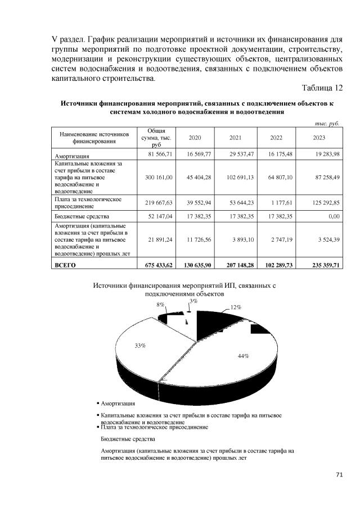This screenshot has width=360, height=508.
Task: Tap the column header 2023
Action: click(319, 138)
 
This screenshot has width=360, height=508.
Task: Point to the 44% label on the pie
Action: click(243, 356)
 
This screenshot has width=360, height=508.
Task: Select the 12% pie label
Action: click(235, 307)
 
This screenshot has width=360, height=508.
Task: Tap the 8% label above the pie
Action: click(161, 304)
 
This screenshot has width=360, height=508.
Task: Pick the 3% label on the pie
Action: click(193, 302)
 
